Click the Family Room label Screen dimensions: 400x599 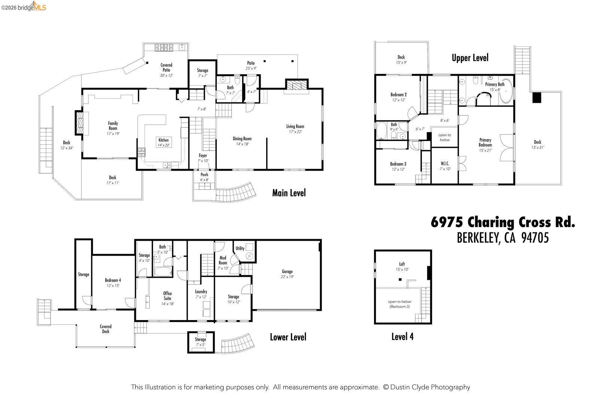[x=113, y=126]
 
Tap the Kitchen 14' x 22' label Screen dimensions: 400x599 [x=164, y=142]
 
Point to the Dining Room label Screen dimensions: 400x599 [x=242, y=141]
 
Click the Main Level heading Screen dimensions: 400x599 [x=289, y=193]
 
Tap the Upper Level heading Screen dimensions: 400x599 [x=470, y=58]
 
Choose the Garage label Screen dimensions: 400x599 [x=287, y=274]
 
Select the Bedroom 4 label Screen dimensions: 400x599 [x=113, y=283]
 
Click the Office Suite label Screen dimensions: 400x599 [x=167, y=296]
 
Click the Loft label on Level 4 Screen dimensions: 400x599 [x=402, y=267]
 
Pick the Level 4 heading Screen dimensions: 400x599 [x=402, y=337]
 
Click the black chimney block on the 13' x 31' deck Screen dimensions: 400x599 [x=537, y=97]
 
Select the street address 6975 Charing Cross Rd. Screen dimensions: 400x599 [x=502, y=222]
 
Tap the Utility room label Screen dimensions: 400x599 [x=240, y=248]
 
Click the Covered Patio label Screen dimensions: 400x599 [x=166, y=70]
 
